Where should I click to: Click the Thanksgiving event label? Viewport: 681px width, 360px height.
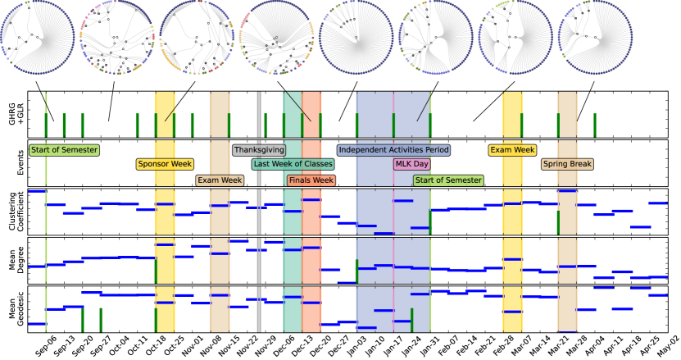[259, 150]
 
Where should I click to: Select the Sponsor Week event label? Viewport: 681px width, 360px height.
[165, 164]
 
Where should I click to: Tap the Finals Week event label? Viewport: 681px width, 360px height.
[311, 180]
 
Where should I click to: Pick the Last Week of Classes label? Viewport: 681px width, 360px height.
[293, 164]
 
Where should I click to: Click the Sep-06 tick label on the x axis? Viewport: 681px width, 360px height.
[47, 344]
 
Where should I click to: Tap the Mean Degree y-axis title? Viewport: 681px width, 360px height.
[12, 260]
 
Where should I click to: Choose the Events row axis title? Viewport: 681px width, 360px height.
[12, 162]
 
